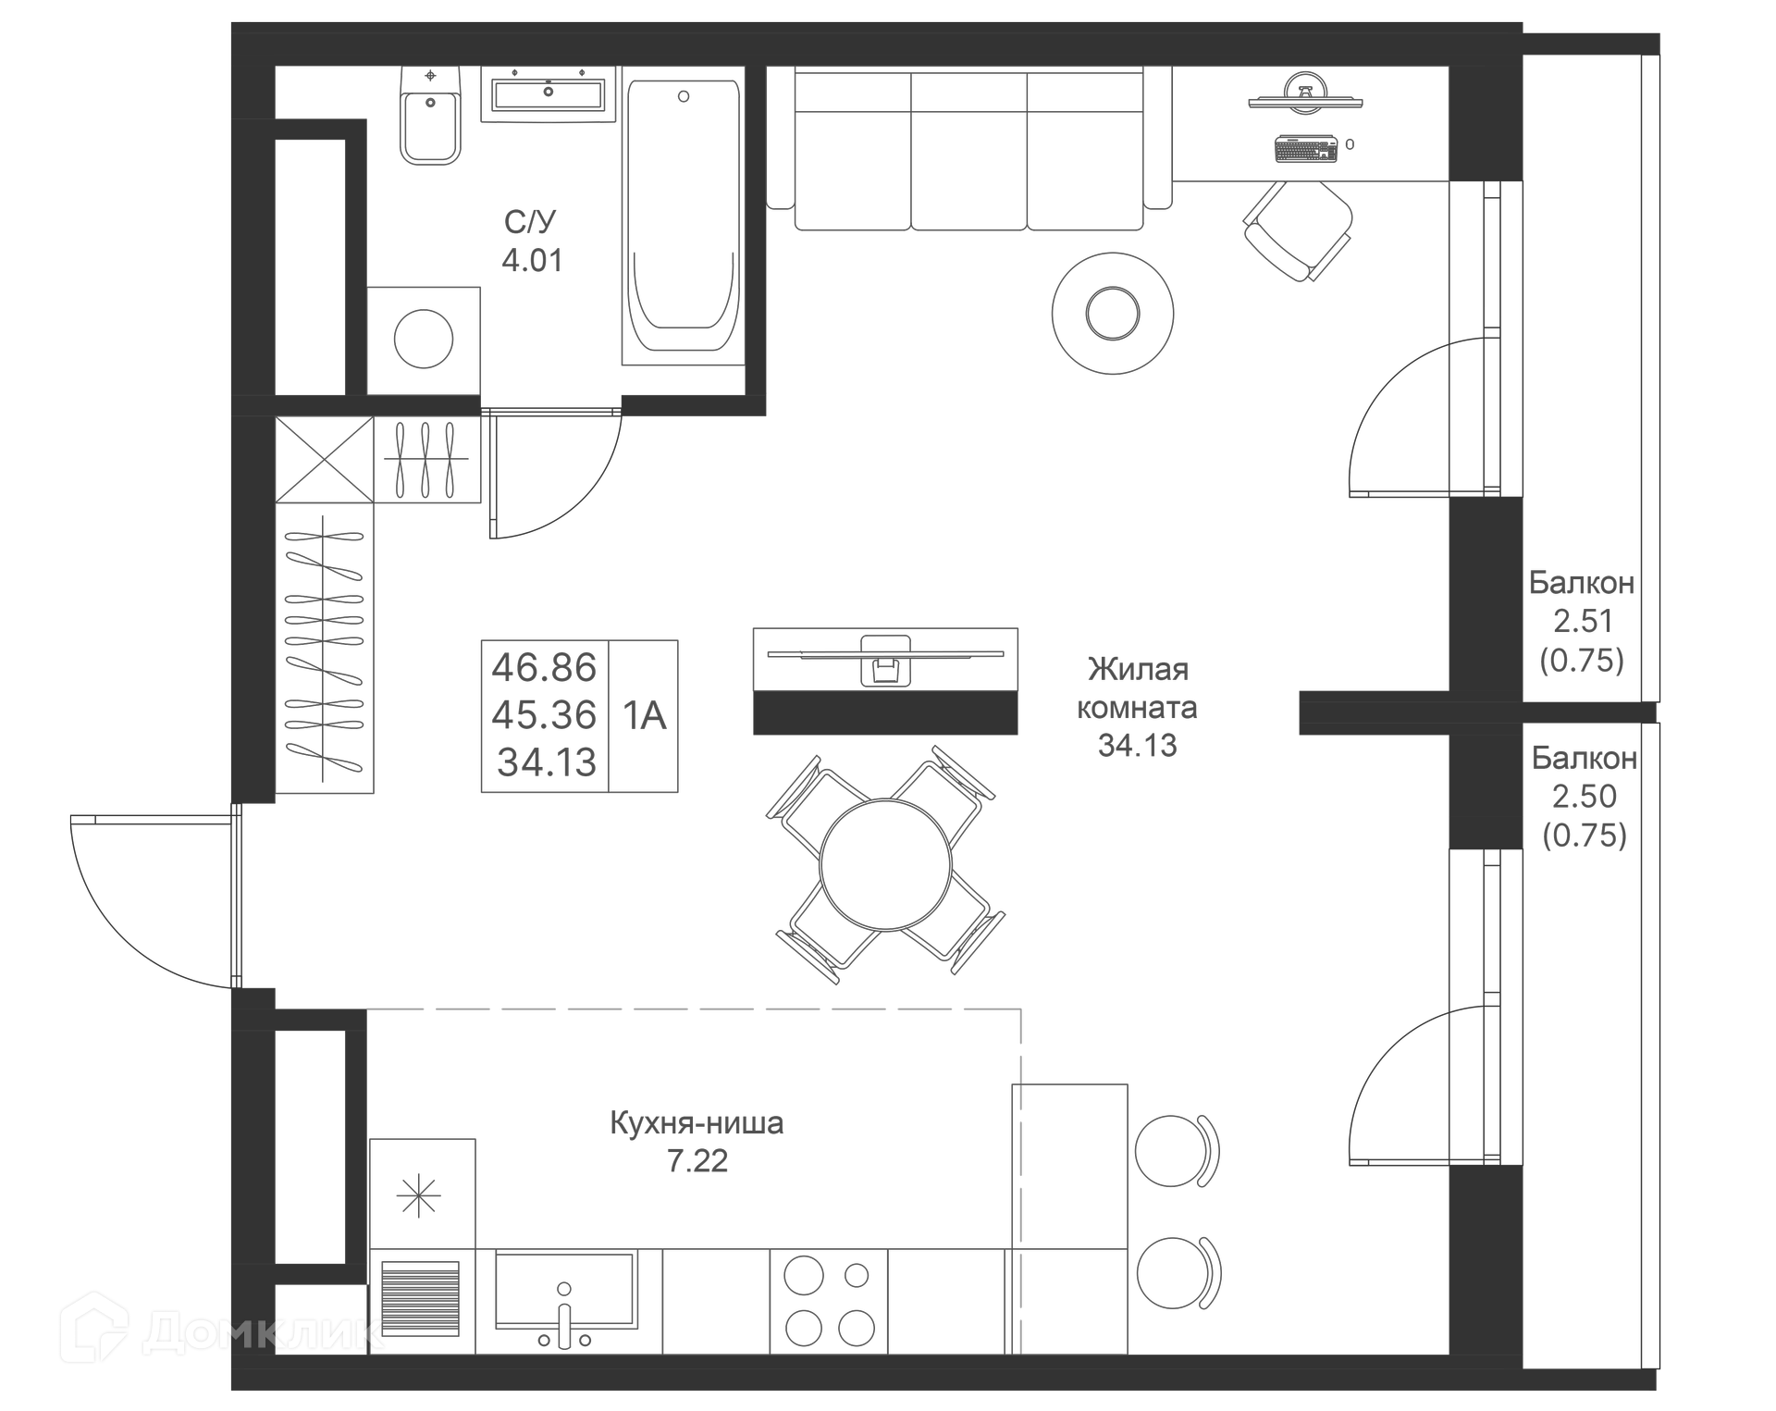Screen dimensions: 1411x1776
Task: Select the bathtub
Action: coord(683,218)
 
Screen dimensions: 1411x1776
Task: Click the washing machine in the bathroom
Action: coord(424,340)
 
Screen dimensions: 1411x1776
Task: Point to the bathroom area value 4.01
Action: coord(532,261)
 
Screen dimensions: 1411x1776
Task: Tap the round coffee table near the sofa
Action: coord(1113,314)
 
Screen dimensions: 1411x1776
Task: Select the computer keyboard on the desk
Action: coord(1306,148)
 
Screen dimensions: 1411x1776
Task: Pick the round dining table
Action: coord(885,864)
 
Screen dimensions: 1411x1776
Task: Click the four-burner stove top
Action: coord(829,1302)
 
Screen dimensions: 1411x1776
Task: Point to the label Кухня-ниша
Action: coord(697,1123)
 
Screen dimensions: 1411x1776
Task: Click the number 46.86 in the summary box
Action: coord(544,667)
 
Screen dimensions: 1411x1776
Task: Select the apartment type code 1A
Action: coord(644,715)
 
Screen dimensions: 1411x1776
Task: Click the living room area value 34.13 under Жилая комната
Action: coord(1137,746)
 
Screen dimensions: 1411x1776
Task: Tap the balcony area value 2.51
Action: coord(1583,621)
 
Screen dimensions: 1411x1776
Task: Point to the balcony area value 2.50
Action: coord(1584,797)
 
